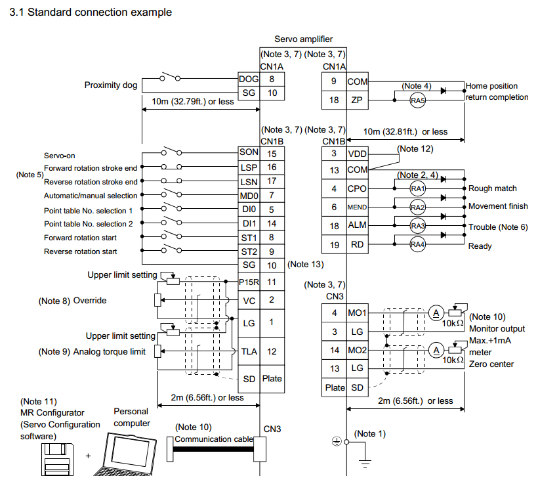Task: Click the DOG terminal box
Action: point(249,79)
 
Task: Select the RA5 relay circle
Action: point(417,100)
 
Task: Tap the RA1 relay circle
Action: point(417,188)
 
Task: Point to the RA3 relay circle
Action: point(417,226)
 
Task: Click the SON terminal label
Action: point(249,152)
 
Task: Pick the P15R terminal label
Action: point(249,282)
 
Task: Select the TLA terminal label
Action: point(249,351)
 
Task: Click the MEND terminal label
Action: point(357,207)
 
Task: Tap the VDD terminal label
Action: point(357,154)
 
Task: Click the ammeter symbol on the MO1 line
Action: point(436,313)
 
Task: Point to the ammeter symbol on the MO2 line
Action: point(436,351)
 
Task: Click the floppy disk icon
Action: point(58,459)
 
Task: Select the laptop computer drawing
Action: point(125,454)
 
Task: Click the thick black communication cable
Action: point(213,449)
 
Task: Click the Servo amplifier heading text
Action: point(303,39)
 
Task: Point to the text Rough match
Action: point(492,188)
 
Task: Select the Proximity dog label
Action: point(111,85)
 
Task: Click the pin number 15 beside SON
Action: point(272,154)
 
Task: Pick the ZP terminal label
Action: point(357,100)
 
